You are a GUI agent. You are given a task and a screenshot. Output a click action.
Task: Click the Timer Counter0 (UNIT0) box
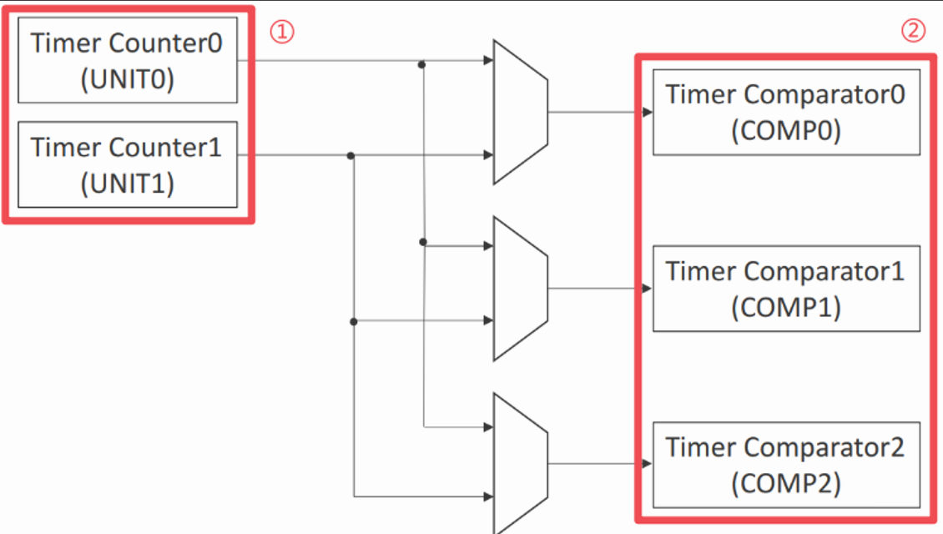click(128, 60)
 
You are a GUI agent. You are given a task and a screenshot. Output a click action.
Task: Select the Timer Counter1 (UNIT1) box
click(128, 164)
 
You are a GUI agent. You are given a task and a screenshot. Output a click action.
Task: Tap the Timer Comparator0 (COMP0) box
click(787, 113)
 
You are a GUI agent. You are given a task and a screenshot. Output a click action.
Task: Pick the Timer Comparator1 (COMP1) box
click(787, 289)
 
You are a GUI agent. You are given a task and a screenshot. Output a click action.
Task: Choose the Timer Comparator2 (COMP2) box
click(787, 465)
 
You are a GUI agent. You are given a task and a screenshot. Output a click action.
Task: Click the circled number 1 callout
click(282, 31)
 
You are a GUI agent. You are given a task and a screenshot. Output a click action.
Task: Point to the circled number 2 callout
click(913, 30)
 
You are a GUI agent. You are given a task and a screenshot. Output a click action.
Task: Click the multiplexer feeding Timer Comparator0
click(521, 113)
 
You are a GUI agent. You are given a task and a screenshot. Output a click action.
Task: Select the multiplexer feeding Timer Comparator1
click(521, 289)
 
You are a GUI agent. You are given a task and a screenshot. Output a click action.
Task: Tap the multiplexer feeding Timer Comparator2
click(521, 464)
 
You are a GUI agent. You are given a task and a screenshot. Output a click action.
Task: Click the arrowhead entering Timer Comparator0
click(648, 113)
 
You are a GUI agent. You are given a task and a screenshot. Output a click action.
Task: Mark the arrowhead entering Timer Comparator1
click(648, 289)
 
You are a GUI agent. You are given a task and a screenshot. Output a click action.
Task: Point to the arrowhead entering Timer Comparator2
click(648, 464)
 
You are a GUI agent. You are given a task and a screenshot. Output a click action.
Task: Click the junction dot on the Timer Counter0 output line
click(422, 64)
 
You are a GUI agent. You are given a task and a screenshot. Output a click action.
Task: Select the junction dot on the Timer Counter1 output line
click(350, 156)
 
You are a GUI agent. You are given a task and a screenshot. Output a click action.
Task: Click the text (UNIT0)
click(128, 78)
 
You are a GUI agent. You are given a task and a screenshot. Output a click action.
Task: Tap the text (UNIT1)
click(128, 184)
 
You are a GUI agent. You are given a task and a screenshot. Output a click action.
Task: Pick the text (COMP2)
click(786, 483)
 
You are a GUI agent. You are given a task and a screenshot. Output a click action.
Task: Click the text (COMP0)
click(786, 131)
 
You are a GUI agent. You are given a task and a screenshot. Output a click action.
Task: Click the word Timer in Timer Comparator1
click(701, 271)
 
